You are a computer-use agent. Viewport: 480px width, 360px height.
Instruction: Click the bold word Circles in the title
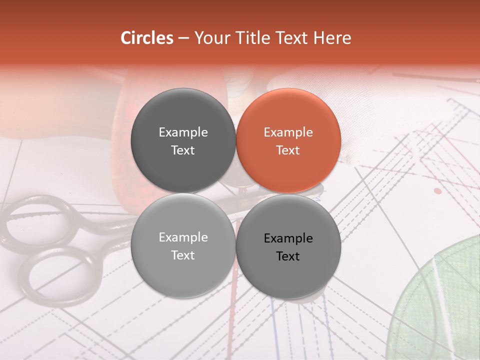[x=146, y=38]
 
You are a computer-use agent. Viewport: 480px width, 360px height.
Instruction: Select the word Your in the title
[x=210, y=38]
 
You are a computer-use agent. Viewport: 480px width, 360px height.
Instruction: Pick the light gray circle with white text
[x=183, y=246]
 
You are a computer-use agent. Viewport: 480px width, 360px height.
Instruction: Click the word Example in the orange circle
[x=288, y=132]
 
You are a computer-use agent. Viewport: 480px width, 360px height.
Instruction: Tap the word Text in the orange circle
[x=288, y=150]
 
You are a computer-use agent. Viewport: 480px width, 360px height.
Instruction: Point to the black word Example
[x=288, y=238]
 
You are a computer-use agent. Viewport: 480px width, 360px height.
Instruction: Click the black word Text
[x=288, y=256]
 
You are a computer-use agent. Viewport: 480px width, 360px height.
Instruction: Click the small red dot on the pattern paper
[x=438, y=190]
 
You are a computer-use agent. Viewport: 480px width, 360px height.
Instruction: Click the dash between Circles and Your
[x=183, y=38]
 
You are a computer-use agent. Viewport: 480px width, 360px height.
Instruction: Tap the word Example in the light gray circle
[x=183, y=237]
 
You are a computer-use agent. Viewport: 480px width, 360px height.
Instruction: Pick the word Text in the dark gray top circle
[x=183, y=150]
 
